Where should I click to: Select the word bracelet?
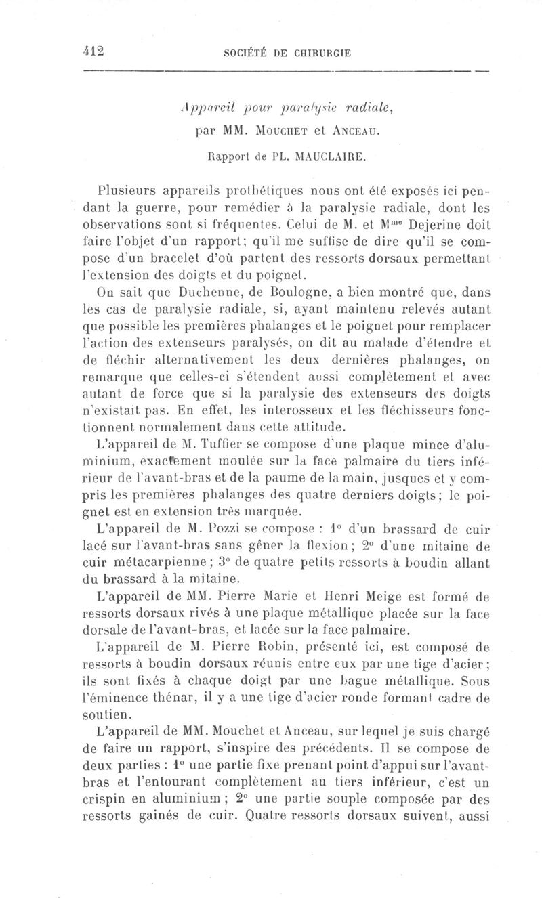point(160,257)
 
